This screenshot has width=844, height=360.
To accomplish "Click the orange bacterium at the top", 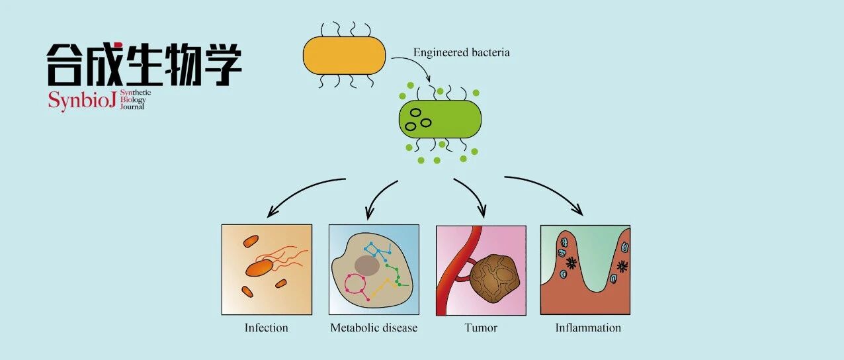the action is tap(344, 55).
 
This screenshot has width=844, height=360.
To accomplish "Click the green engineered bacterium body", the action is tap(440, 118).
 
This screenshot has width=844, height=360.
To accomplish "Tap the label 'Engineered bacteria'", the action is tap(461, 52).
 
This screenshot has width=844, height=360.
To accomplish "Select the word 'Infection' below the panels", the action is tap(266, 328).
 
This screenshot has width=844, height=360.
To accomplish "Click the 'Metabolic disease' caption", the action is tap(374, 328).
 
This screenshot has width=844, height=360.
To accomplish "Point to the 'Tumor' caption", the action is tap(481, 328).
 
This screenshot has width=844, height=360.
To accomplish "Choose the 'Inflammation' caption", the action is tap(588, 328).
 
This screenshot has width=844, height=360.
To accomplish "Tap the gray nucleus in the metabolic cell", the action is tap(366, 266).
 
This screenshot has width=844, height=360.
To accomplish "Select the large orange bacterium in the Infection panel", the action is tap(259, 267).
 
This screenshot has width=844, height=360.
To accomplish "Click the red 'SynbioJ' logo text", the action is tap(82, 101).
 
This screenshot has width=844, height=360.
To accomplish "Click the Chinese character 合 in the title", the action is tap(64, 64).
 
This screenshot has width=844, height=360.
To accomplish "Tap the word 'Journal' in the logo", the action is tap(132, 107).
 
